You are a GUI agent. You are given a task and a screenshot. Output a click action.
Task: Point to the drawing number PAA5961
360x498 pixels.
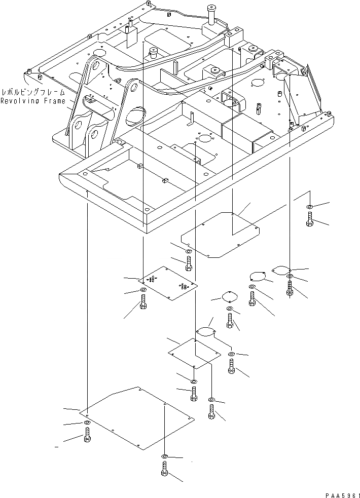pyautogui.click(x=340, y=492)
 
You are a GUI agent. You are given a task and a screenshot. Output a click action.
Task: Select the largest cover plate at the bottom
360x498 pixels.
pyautogui.click(x=139, y=418)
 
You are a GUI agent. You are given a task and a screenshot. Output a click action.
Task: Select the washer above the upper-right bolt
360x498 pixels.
pyautogui.click(x=309, y=207)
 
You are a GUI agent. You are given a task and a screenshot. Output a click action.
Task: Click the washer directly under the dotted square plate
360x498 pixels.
pyautogui.click(x=142, y=290)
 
